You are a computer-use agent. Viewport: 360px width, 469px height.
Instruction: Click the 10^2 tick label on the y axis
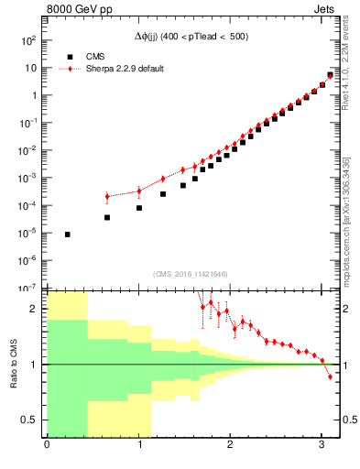[x=28, y=41]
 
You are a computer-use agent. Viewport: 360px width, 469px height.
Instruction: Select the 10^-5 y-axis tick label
[x=28, y=234]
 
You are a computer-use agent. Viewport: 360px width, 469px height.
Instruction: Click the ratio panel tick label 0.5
[x=30, y=420]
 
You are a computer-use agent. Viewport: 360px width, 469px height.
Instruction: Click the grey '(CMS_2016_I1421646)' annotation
[x=190, y=274]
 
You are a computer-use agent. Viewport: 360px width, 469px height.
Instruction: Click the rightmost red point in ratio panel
[x=331, y=376]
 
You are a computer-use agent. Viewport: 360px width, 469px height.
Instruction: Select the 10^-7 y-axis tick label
[x=28, y=288]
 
